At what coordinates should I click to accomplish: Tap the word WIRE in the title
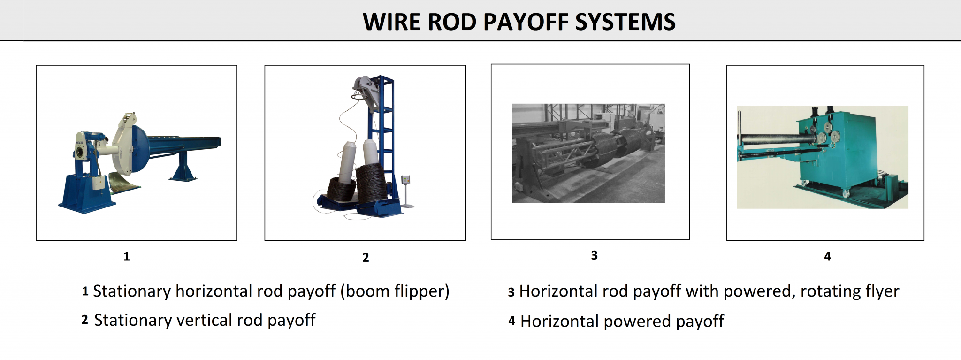[392, 22]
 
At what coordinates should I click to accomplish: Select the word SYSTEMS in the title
[625, 22]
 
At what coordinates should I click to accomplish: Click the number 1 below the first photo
[127, 256]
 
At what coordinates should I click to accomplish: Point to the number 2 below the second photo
[366, 257]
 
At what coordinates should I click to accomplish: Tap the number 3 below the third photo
[594, 255]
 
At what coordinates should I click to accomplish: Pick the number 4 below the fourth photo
[827, 256]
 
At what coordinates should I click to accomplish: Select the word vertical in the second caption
[204, 320]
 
